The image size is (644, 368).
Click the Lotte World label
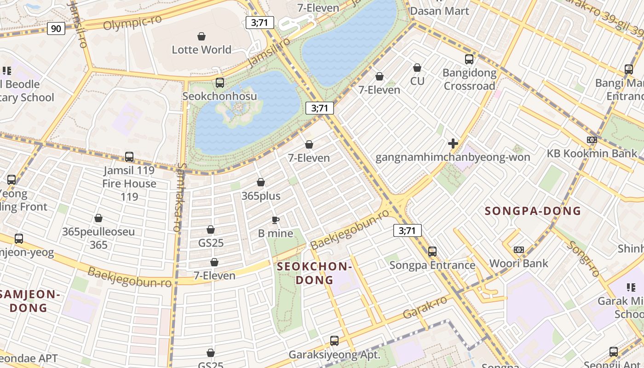tap(201, 50)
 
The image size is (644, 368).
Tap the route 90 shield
tap(56, 29)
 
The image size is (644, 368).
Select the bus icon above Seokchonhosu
tap(220, 83)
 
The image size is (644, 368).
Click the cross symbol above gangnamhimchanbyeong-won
tap(453, 144)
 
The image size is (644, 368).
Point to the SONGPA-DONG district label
tap(533, 211)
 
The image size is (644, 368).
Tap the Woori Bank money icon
tap(519, 250)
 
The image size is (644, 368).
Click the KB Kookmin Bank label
tap(592, 154)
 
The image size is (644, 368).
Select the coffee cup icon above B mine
tap(276, 220)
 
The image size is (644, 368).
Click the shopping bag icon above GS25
tap(211, 230)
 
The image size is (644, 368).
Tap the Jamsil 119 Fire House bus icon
tap(129, 157)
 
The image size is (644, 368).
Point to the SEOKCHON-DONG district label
tap(314, 273)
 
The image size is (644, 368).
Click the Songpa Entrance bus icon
tap(432, 252)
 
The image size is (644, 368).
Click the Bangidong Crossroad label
tap(469, 79)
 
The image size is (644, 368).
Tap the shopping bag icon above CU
tap(417, 68)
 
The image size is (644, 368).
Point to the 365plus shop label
tap(261, 196)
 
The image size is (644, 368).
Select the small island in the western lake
tap(239, 110)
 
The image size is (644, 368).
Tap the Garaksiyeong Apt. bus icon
tap(334, 341)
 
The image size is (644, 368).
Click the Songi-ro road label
tap(583, 259)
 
